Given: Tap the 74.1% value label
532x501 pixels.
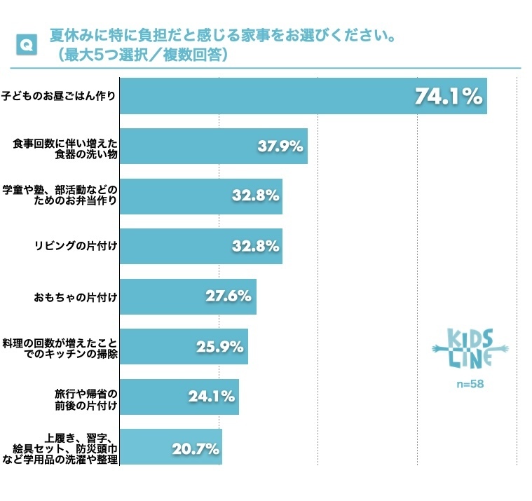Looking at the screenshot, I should point(449,96).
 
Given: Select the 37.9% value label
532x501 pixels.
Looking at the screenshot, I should point(280,146).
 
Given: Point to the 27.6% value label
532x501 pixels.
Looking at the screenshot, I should point(229,296).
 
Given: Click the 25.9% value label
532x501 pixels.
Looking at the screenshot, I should point(220,346).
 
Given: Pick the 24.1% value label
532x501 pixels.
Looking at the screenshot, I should point(211,397).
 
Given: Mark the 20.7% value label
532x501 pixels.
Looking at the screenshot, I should point(194,447).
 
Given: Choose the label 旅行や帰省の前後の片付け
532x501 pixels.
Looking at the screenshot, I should point(86,397).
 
